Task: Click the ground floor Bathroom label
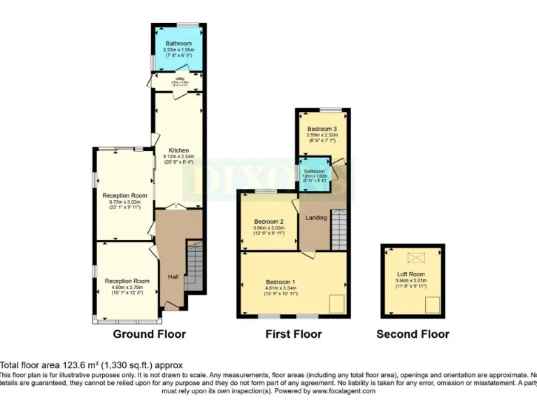(x=179, y=43)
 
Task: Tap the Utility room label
(x=180, y=79)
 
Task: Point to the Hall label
(x=173, y=277)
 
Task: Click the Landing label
(x=317, y=218)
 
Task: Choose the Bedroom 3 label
(x=322, y=129)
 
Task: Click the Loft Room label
(x=411, y=274)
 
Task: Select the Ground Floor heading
(x=150, y=334)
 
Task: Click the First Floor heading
(x=294, y=334)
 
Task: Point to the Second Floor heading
(x=413, y=334)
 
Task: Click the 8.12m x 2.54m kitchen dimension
(x=178, y=156)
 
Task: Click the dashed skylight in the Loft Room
(x=413, y=256)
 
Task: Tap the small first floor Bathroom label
(x=314, y=171)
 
